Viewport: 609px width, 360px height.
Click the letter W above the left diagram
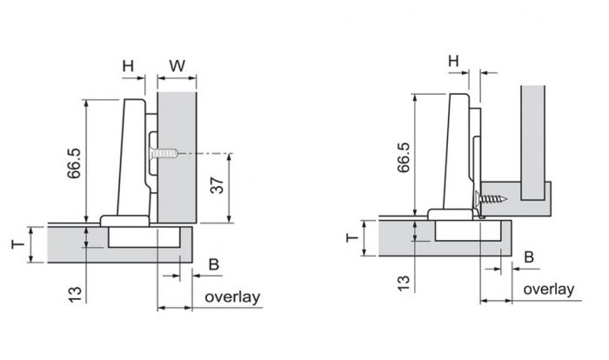(177, 65)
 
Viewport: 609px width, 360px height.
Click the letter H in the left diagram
(128, 66)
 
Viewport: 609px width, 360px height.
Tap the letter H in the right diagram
(453, 61)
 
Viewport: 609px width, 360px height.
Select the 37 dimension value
(217, 185)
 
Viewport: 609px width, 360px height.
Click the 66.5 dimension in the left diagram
(74, 163)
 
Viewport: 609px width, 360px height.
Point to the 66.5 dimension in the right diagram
(404, 157)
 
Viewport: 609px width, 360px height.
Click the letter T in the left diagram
(18, 244)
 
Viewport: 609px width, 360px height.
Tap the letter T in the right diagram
(351, 237)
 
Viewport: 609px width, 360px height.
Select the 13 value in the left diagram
(75, 295)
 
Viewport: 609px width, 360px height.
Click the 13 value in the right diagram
(404, 283)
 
